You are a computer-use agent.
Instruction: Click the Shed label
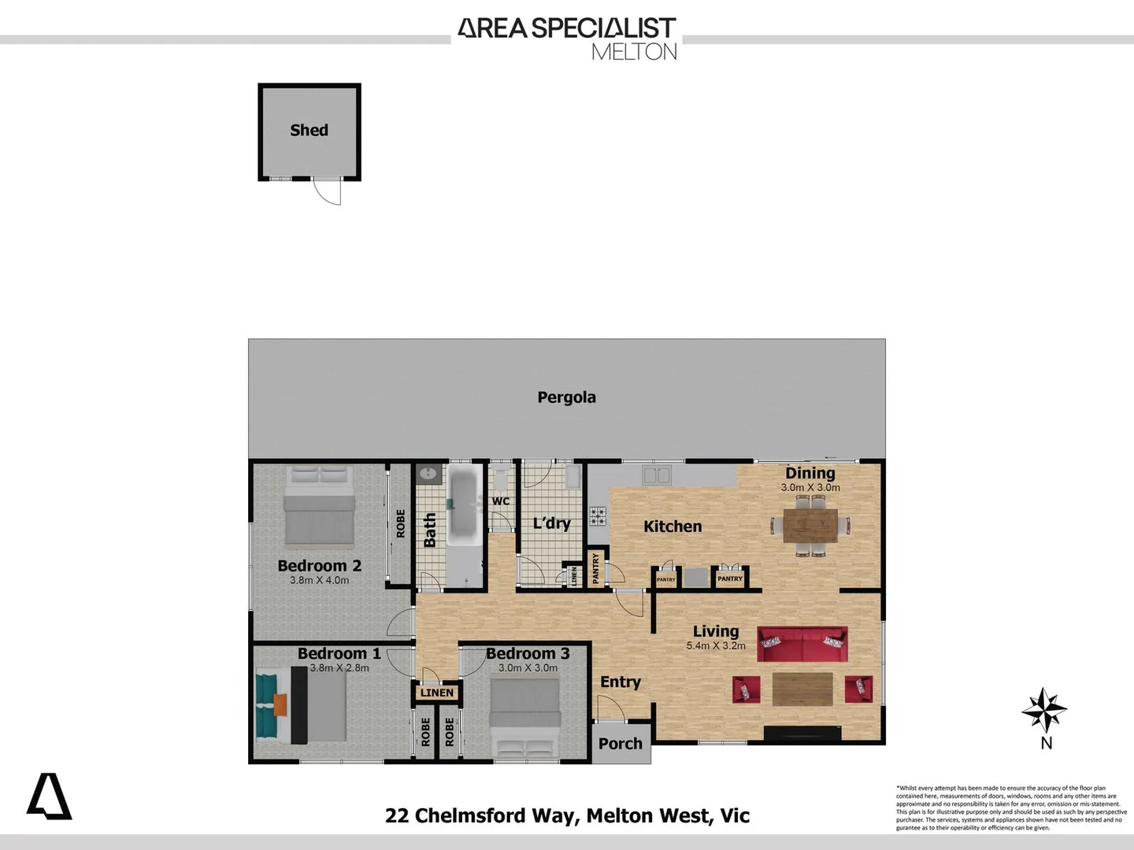(x=309, y=131)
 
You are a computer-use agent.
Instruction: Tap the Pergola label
(x=566, y=397)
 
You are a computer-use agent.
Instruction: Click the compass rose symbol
(x=1044, y=710)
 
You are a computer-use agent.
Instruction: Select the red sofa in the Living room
(x=802, y=645)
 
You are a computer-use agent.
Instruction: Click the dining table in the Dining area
(x=810, y=525)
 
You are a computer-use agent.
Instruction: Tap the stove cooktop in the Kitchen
(x=598, y=516)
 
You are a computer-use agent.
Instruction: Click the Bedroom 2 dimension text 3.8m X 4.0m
(x=319, y=580)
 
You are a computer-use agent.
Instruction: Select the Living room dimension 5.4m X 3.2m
(x=715, y=645)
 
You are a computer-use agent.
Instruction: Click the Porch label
(x=620, y=744)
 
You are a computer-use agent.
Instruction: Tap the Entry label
(x=620, y=682)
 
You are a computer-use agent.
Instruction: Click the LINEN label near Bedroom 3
(x=437, y=693)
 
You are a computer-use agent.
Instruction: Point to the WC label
(x=501, y=501)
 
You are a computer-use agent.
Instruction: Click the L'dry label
(x=551, y=523)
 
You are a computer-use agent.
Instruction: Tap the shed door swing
(x=328, y=191)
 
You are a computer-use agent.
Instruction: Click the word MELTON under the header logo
(x=634, y=52)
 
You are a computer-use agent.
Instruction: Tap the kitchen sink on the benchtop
(x=656, y=475)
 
